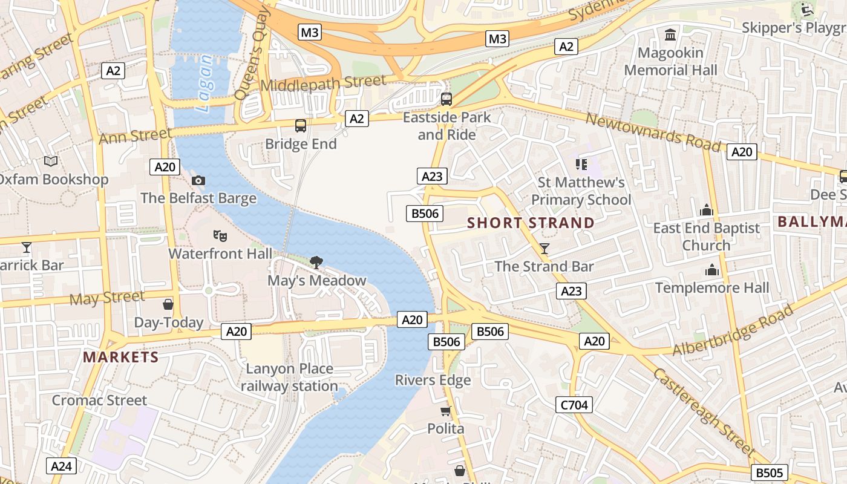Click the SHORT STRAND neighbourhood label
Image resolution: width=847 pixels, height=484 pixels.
[x=531, y=223]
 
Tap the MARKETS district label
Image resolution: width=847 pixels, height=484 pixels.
[x=121, y=357]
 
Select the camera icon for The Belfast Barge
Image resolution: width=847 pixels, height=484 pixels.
[x=198, y=180]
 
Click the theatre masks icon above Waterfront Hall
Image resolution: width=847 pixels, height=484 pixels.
[x=220, y=235]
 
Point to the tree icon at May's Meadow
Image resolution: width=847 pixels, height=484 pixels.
[x=316, y=262]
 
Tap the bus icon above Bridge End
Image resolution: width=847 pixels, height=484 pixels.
[x=301, y=126]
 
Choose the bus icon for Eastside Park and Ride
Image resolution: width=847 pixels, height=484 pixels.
[x=446, y=99]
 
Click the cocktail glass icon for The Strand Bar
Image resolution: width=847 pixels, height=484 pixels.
[x=544, y=248]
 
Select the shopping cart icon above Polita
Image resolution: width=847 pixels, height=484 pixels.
[x=446, y=411]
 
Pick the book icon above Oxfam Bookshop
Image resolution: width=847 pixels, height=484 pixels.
[x=51, y=161]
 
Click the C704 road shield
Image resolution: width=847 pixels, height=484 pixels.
[x=574, y=405]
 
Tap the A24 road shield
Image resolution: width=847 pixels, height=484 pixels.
[x=61, y=466]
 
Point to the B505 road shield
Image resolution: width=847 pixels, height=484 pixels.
[x=770, y=473]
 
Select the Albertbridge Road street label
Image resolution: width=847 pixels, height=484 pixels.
[x=733, y=330]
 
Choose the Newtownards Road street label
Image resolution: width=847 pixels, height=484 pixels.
[x=653, y=132]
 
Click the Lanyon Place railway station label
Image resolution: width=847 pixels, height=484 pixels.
[x=289, y=377]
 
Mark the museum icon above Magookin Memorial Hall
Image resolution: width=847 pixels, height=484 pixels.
[x=670, y=34]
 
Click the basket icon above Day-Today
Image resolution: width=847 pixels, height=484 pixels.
[x=168, y=304]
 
